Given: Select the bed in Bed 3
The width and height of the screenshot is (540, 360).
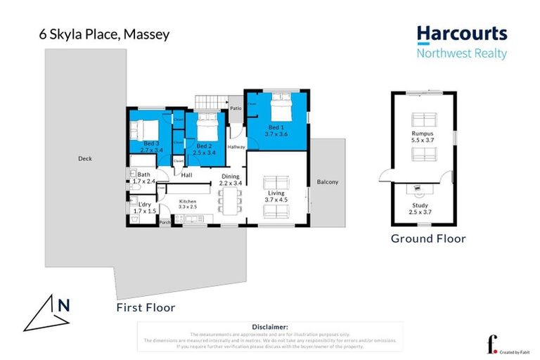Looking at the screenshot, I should pos(143,130).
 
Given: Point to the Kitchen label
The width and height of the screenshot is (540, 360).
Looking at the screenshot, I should pos(187,202).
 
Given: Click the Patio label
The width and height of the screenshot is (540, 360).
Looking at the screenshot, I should pos(236,108).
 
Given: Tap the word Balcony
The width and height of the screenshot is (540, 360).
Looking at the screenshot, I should pos(327,182).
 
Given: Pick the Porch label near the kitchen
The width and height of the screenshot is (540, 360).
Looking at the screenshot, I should pos(165,223).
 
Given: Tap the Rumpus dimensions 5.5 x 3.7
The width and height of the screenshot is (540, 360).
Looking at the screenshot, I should pos(423,141).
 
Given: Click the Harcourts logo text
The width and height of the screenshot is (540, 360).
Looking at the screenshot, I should pos(461,34).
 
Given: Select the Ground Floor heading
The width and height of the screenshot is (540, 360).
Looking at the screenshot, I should pos(428,239).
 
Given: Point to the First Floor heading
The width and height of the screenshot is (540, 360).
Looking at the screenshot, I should pos(146,308).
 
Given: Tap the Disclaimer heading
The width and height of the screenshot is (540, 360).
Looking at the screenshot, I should pos(270,327).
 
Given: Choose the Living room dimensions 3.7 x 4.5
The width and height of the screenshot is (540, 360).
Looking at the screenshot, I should pos(277,200).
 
